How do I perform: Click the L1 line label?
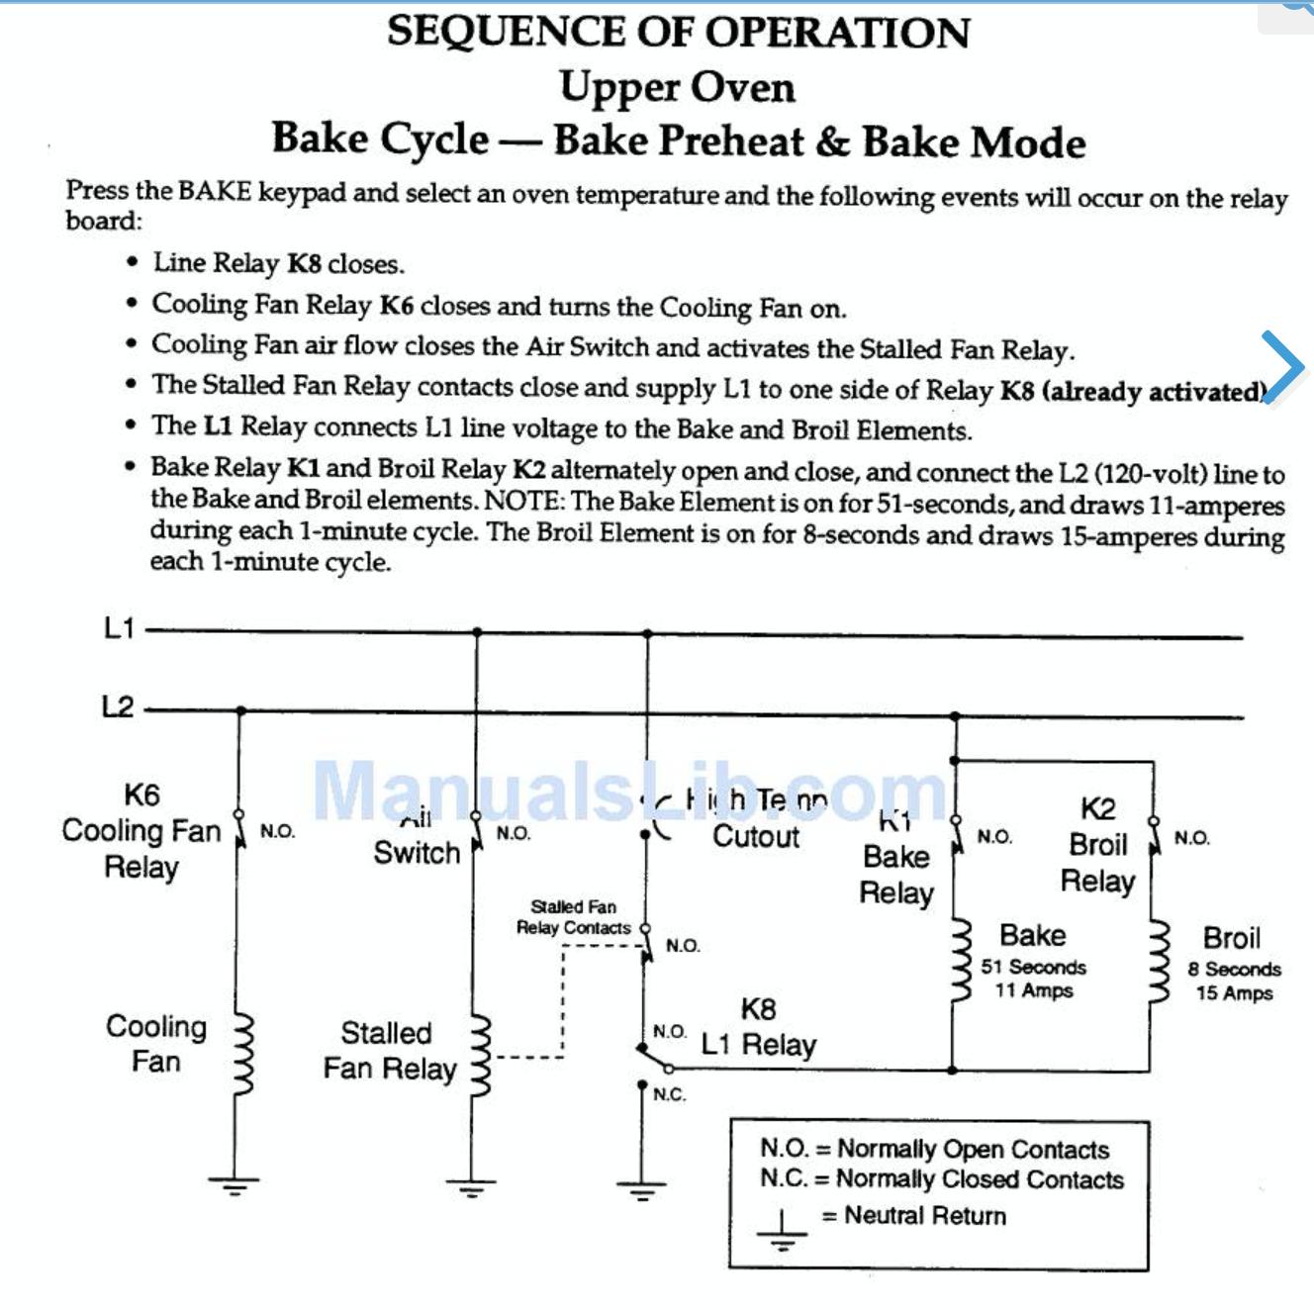119,628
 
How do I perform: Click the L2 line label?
118,706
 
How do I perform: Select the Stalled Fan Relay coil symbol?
480,1051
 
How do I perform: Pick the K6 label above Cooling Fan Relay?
141,795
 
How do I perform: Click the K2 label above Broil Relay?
1097,809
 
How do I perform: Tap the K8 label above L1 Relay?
758,1009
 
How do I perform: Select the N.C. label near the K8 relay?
669,1094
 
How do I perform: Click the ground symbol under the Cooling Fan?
235,1183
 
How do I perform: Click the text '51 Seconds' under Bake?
1033,967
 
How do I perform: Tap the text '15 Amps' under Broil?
1234,992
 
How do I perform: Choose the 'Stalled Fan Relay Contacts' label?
573,917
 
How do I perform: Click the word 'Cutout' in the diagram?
756,837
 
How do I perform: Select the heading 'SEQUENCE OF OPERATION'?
679,32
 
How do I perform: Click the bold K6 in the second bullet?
396,306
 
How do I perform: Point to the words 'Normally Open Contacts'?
973,1149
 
